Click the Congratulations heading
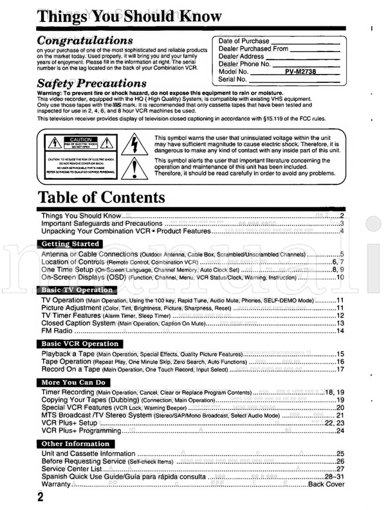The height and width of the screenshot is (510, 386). point(85,40)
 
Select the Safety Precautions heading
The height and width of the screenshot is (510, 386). point(91,84)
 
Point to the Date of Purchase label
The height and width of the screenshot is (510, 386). point(244,41)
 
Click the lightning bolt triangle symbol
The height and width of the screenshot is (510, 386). point(139,143)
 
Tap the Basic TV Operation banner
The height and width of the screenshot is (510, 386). point(77,290)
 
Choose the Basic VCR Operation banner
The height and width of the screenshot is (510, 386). point(79,344)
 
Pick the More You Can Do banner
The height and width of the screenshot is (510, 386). point(73,382)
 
